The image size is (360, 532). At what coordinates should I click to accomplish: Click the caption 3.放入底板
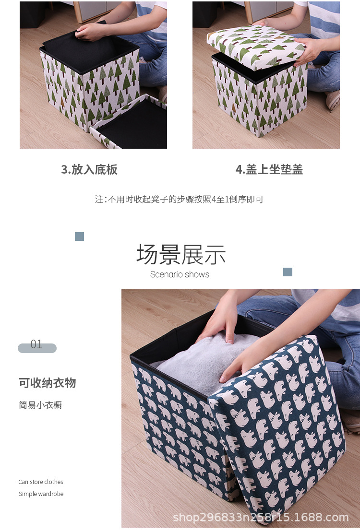[x=89, y=169]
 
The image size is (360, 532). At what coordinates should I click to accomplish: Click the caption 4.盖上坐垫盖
[x=269, y=169]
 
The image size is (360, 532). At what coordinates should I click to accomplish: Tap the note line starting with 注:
[x=179, y=199]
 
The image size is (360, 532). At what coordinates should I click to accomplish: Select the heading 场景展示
[x=180, y=254]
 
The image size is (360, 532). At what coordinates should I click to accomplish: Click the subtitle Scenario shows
[x=180, y=274]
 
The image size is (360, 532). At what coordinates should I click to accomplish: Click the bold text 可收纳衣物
[x=47, y=383]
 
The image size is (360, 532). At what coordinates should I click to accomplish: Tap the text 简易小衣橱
[x=40, y=405]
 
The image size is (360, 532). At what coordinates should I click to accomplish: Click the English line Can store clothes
[x=41, y=482]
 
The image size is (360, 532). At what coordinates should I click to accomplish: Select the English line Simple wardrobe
[x=41, y=494]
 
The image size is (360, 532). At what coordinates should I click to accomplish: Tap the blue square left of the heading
[x=80, y=236]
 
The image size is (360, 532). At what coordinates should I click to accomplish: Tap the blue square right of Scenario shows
[x=288, y=272]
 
